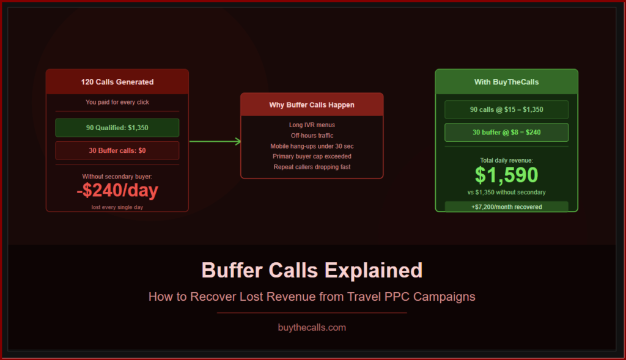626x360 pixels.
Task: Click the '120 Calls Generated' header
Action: pyautogui.click(x=117, y=82)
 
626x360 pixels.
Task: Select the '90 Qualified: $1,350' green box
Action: pyautogui.click(x=117, y=128)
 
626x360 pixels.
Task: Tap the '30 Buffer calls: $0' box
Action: pyautogui.click(x=117, y=150)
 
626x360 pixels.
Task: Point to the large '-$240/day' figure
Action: pyautogui.click(x=117, y=190)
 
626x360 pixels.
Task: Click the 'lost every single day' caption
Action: pyautogui.click(x=117, y=207)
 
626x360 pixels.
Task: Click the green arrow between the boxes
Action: pyautogui.click(x=215, y=141)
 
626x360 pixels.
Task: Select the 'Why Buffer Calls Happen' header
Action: pyautogui.click(x=312, y=105)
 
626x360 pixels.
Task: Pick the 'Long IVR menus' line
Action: pyautogui.click(x=312, y=125)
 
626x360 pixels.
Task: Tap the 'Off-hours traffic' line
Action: pyautogui.click(x=312, y=136)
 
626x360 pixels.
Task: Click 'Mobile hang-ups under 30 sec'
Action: pyautogui.click(x=312, y=146)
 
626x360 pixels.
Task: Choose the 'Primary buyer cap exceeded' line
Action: pyautogui.click(x=312, y=156)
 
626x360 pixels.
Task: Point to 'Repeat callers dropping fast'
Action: pyautogui.click(x=312, y=167)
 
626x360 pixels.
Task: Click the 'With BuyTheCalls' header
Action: pyautogui.click(x=506, y=82)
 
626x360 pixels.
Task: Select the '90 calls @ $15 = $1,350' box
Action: pyautogui.click(x=506, y=109)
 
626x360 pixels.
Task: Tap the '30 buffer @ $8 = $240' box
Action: pyautogui.click(x=506, y=132)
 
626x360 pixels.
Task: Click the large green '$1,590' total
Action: pyautogui.click(x=506, y=175)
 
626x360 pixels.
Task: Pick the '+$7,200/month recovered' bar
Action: pyautogui.click(x=506, y=207)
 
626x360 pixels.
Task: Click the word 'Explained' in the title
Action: pyautogui.click(x=374, y=271)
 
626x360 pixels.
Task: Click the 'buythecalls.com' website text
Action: pyautogui.click(x=312, y=328)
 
